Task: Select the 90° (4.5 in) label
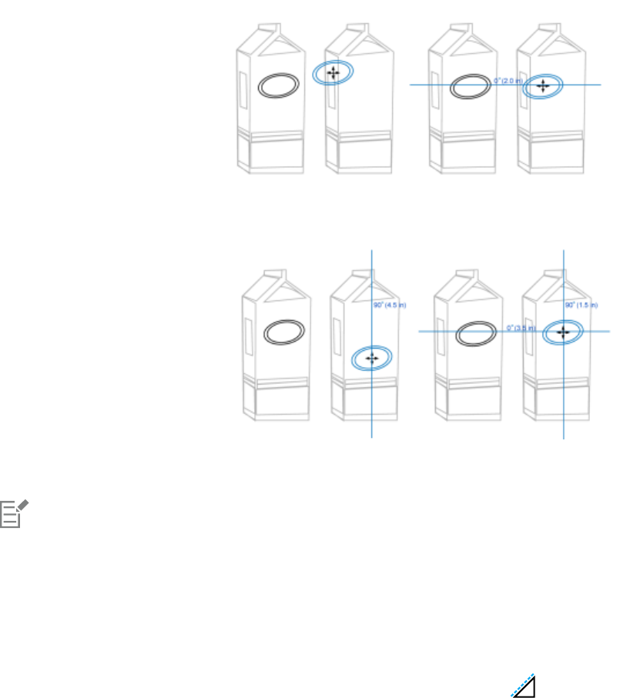coord(389,306)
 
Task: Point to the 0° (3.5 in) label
coord(520,328)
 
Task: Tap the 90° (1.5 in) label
coord(581,306)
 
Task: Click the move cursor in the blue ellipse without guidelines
coord(333,73)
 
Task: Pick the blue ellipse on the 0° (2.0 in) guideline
coord(543,86)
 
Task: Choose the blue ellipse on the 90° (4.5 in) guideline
coord(372,359)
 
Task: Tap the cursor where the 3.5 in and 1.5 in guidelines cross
coord(564,332)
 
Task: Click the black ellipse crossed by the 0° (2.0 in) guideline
coord(469,86)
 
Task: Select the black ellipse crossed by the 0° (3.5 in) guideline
coord(475,336)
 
